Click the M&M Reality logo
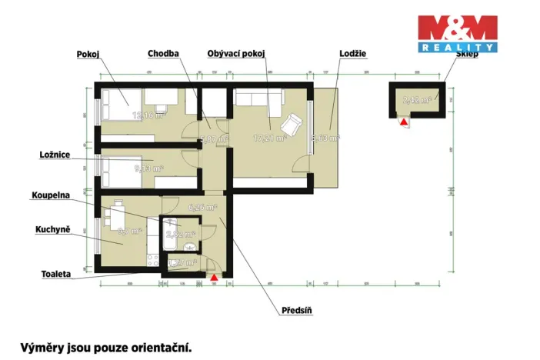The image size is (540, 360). [458, 34]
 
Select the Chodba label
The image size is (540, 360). [163, 55]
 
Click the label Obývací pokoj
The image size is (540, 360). [236, 55]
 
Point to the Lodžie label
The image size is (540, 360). [352, 55]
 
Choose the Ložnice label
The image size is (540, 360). [55, 155]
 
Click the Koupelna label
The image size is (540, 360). [51, 195]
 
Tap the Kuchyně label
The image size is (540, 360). [53, 230]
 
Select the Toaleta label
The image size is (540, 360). [56, 273]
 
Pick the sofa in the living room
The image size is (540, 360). [253, 100]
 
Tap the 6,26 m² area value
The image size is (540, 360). [202, 207]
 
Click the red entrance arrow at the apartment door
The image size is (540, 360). [214, 276]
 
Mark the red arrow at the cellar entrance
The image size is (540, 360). [403, 121]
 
